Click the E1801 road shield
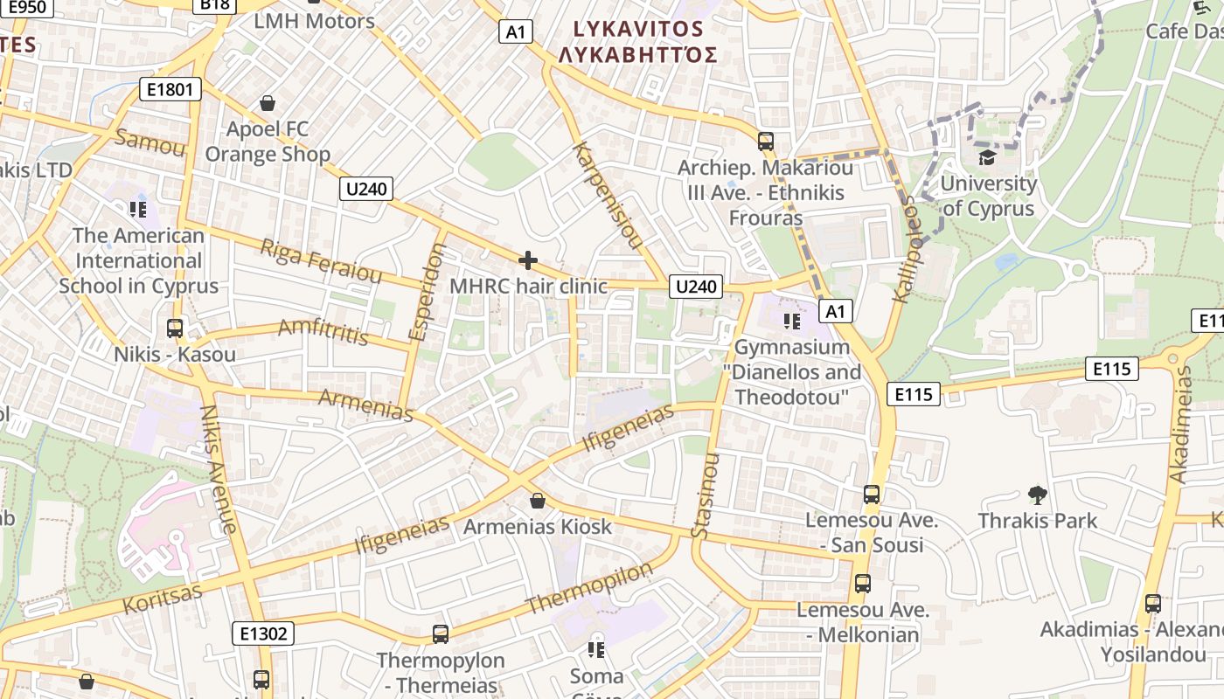pos(170,89)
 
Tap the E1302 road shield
pos(263,633)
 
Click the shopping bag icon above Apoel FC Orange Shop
pos(268,104)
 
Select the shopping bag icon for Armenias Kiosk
pos(538,501)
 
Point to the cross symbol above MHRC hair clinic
pos(528,260)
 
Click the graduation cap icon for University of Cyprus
pos(987,157)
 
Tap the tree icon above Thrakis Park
pos(1038,495)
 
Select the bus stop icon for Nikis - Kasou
pos(175,329)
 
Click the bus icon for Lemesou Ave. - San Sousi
pos(872,495)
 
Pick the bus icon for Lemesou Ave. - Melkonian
pos(863,584)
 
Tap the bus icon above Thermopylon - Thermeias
pos(441,634)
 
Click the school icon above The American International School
pos(137,209)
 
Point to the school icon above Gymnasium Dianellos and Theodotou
pos(792,322)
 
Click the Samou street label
pos(150,142)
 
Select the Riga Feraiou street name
pos(321,260)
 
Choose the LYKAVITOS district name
pos(637,29)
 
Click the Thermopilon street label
pos(589,588)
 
